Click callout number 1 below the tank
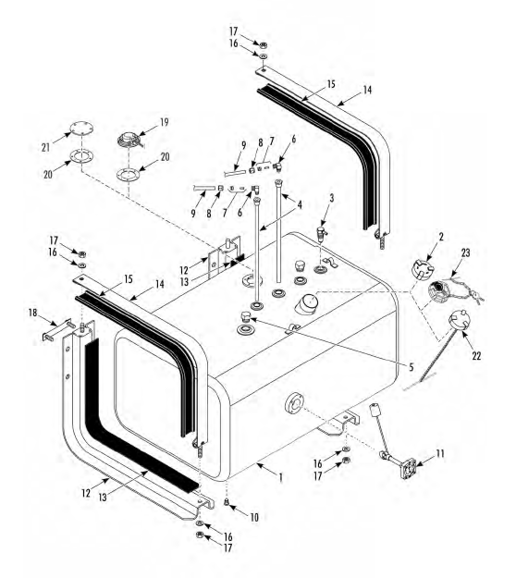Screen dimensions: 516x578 (281, 478)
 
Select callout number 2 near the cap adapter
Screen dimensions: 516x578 (441, 237)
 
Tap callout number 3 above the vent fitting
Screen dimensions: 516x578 (332, 198)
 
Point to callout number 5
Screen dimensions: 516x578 (411, 367)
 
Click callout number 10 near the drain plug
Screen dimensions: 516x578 (254, 518)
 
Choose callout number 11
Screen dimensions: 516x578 (440, 453)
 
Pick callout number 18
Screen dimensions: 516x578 (33, 313)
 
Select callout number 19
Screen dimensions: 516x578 (164, 122)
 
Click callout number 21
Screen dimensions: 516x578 (45, 147)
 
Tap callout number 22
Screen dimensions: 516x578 (476, 356)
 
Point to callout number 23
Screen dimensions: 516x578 (465, 252)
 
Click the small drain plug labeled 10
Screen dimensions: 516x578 (227, 501)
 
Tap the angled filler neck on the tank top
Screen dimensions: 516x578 (305, 303)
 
